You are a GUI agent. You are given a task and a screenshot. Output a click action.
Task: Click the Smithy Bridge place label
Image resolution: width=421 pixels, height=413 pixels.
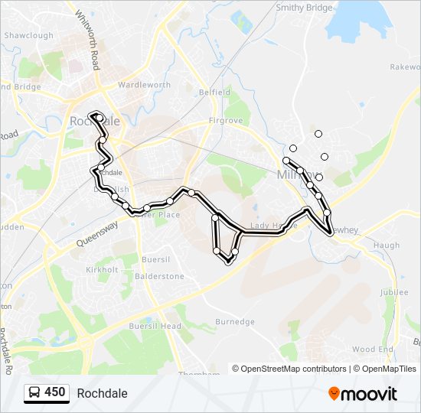tap(305, 8)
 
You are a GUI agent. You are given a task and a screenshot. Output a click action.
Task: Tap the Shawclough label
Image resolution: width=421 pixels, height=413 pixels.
tap(29, 35)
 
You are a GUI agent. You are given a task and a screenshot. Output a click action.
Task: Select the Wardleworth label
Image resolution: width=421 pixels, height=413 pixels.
tap(143, 85)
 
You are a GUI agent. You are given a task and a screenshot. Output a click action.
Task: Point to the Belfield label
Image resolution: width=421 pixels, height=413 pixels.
tap(214, 92)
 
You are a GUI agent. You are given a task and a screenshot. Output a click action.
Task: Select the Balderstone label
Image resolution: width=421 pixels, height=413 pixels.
tap(159, 275)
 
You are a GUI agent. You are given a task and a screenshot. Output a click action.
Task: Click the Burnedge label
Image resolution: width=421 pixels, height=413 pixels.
tap(234, 322)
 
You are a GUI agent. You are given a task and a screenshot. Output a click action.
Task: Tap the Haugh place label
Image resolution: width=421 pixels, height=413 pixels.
tap(387, 246)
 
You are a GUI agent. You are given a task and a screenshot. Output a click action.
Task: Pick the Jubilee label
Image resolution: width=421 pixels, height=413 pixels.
tap(394, 292)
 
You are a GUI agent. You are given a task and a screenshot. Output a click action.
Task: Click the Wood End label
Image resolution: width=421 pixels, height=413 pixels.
tap(373, 350)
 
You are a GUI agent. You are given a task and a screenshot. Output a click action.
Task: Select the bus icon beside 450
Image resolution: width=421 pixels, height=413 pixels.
tap(34, 393)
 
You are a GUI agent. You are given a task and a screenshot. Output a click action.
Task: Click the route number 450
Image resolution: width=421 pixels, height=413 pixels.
tap(54, 392)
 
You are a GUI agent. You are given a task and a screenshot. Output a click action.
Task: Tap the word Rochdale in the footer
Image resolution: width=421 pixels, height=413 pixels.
tap(102, 393)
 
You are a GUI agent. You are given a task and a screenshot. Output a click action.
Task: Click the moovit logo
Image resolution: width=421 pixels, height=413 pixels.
tap(364, 393)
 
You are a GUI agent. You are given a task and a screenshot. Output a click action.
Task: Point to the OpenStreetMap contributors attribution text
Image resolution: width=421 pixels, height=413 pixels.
tap(289, 369)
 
